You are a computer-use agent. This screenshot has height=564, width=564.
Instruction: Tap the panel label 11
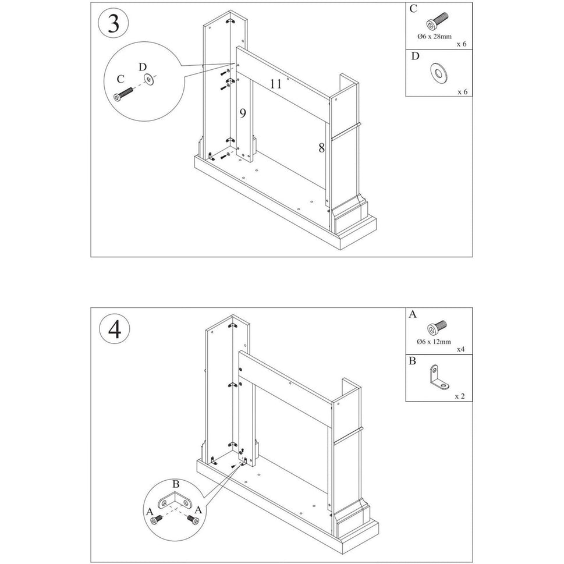click(275, 84)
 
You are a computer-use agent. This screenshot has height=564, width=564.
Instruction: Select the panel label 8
click(321, 148)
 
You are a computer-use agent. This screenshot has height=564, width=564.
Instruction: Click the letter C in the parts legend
click(413, 9)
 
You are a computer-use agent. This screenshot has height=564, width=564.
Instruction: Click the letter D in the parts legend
click(414, 56)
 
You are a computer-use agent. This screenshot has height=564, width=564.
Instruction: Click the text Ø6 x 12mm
click(435, 342)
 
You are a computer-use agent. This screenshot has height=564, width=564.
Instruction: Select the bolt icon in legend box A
click(436, 327)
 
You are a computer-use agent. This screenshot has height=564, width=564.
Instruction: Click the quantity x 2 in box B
click(459, 396)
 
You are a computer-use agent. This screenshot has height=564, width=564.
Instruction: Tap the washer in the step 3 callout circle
click(151, 79)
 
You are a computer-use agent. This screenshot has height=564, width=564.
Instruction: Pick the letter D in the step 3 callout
click(144, 66)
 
